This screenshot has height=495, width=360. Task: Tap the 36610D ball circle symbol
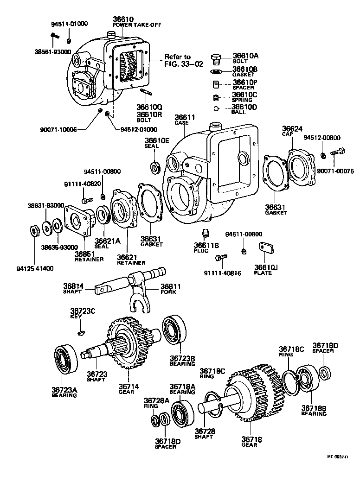coord(216,109)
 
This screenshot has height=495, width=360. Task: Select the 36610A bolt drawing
coord(216,58)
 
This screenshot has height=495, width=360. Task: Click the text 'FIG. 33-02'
coord(184,64)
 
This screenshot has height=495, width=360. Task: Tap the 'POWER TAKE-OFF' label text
coord(137,25)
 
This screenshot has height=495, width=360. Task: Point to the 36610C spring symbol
coord(215,98)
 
